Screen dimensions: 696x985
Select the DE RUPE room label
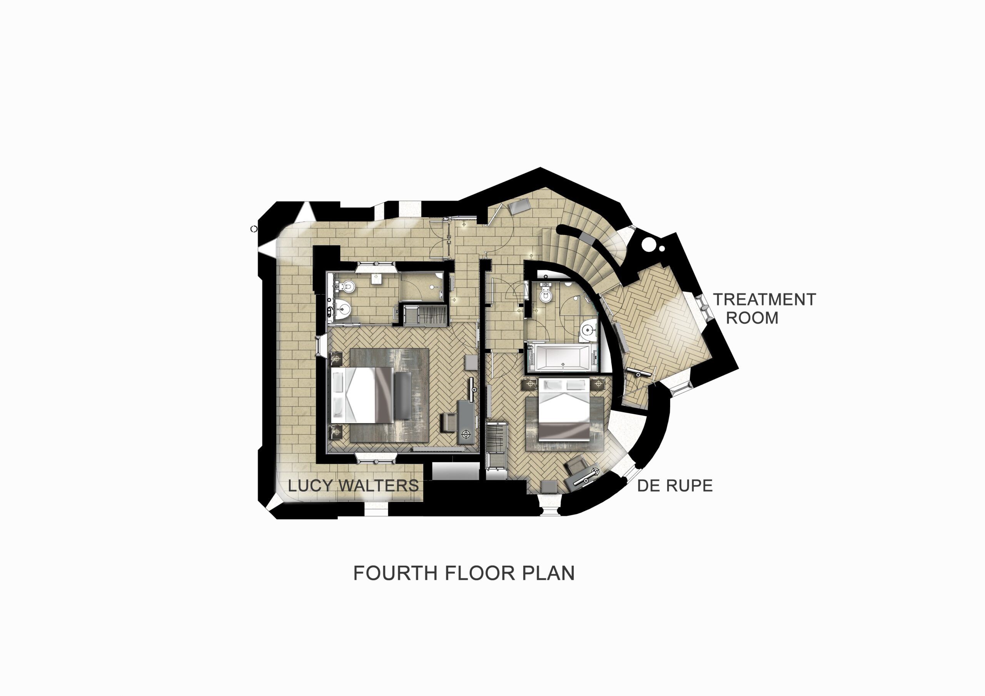675,485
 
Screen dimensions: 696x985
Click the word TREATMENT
764,299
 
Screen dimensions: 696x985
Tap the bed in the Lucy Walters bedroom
362,394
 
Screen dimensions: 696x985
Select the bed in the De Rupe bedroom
563,409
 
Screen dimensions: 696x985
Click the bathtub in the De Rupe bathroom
562,357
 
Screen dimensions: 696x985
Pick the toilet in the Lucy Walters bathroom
347,286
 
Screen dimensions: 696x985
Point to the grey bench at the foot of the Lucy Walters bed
403,395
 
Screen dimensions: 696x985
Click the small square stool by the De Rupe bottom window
549,487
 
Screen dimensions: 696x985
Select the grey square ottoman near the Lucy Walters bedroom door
471,362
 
